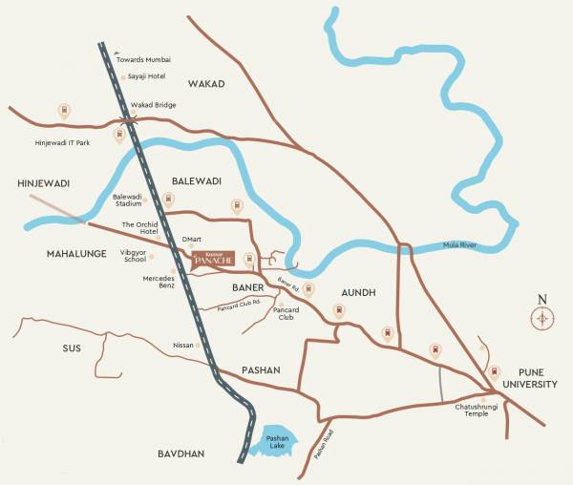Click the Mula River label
point(464,245)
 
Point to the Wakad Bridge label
point(153,105)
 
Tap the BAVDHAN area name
point(181,454)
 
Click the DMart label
point(191,240)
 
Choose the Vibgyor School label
point(133,255)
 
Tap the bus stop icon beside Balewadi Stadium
point(169,200)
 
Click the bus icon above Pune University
point(494,370)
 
